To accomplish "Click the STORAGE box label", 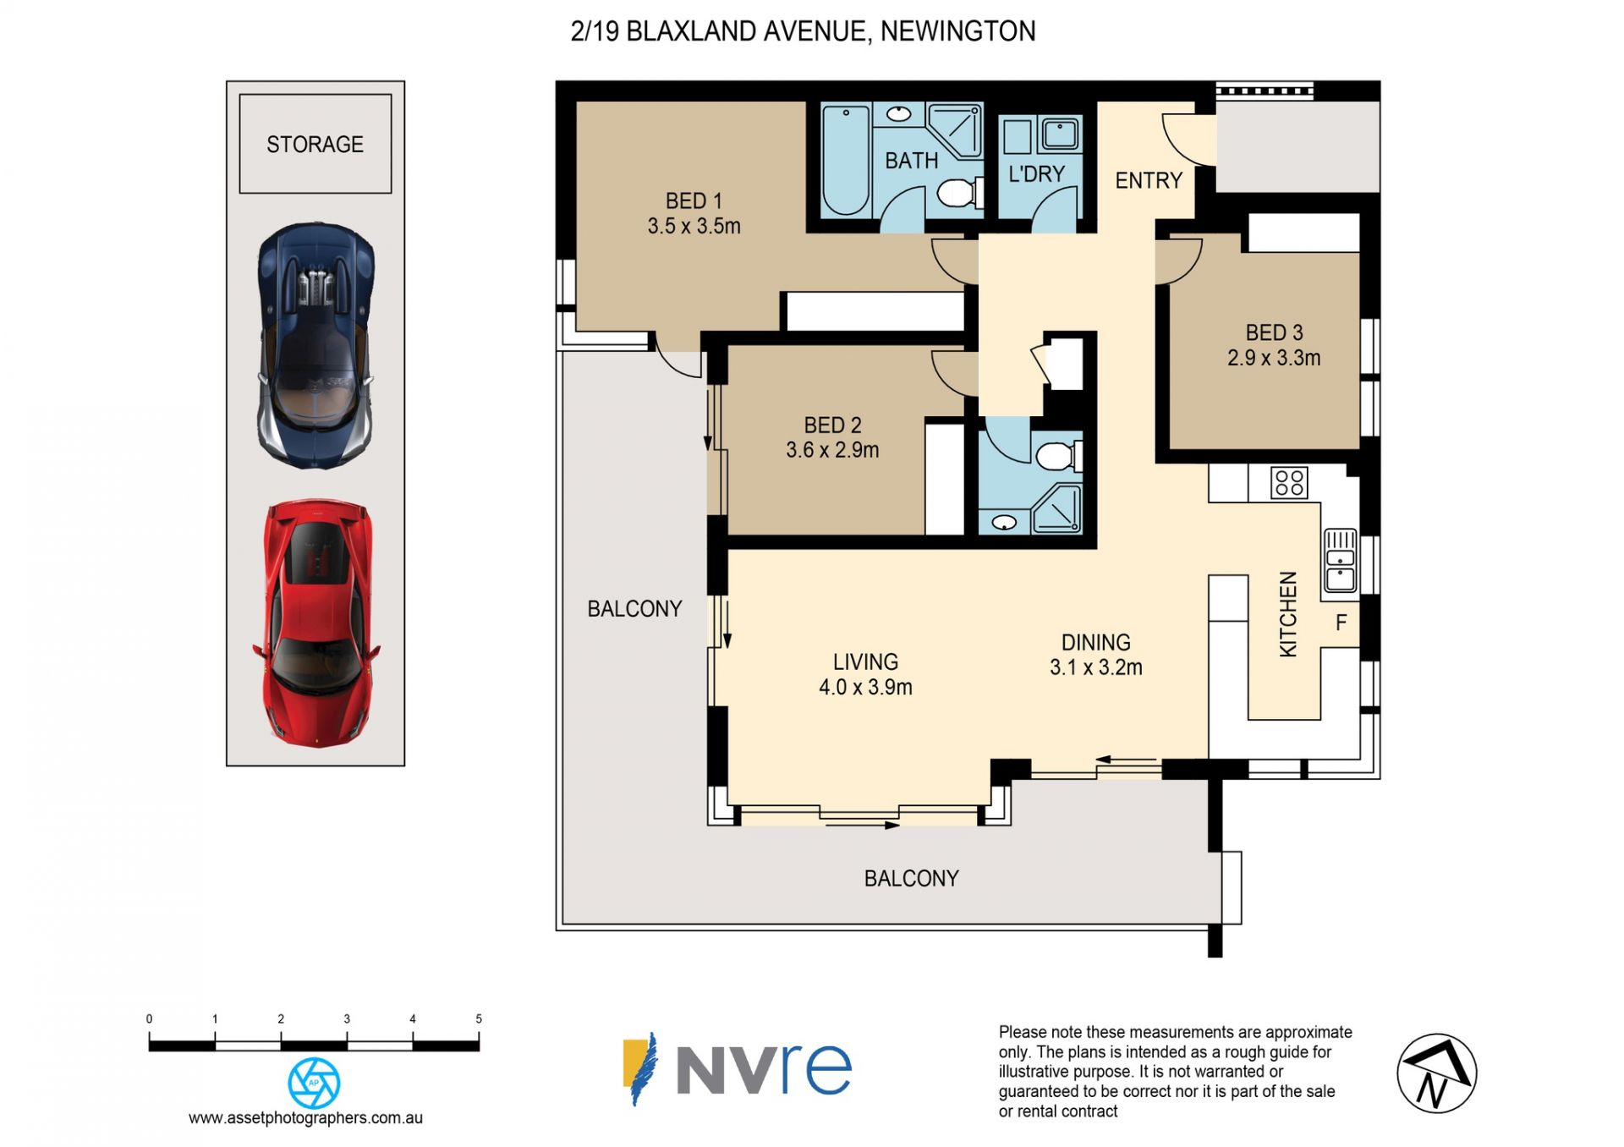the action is pos(315,145).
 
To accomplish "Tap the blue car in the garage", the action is pos(315,345).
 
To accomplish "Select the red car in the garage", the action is pos(315,623).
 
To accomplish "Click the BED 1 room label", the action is pos(694,200).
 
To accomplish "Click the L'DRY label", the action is pos(1036,174).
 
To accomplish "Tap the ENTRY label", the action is pos(1149,180).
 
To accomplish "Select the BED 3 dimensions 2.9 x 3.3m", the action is pos(1274,358).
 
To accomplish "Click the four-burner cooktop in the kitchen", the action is pos(1289,483).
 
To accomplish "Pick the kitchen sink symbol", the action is pos(1341,560).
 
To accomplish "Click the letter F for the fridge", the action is pos(1341,623).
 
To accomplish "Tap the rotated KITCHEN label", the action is pos(1287,614).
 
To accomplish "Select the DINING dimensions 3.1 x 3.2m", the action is pos(1096,667).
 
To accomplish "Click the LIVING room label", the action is pos(865,661).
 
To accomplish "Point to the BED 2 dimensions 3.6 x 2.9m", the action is pos(832,450).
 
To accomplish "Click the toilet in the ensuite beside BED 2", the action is pos(1057,457).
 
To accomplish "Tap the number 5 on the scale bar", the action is pos(479,1019).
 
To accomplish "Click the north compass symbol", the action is pos(1436,1073).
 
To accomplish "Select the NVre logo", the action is pos(737,1069).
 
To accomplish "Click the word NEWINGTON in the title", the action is pos(957,31).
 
